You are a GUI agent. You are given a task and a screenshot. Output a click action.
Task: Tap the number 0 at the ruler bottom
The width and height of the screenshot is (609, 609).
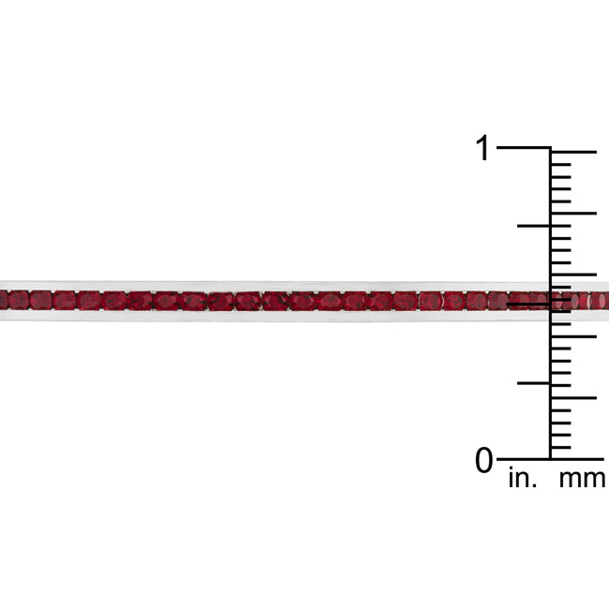click(483, 461)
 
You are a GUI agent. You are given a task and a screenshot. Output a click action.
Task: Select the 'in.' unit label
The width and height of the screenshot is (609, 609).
click(523, 480)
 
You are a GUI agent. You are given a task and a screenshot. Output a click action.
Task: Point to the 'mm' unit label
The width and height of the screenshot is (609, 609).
click(582, 480)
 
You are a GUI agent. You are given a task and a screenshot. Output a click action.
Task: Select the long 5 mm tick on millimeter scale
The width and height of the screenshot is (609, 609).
click(573, 398)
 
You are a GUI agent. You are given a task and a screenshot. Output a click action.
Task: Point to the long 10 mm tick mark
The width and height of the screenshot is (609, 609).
click(573, 336)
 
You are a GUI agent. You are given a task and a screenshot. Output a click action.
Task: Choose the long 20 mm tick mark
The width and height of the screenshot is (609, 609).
click(573, 214)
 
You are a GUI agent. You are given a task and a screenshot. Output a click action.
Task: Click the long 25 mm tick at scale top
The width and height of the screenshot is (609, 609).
click(573, 152)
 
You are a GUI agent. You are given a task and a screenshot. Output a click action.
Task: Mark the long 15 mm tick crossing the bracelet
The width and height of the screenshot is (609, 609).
click(573, 275)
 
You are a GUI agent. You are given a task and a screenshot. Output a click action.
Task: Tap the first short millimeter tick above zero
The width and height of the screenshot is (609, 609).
click(561, 448)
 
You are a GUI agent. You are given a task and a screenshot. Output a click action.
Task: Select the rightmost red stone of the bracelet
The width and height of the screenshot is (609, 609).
click(602, 301)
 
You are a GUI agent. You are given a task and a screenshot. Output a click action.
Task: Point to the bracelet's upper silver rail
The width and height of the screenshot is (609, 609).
click(281, 285)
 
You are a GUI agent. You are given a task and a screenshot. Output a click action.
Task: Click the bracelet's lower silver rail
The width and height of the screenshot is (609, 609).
click(281, 317)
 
